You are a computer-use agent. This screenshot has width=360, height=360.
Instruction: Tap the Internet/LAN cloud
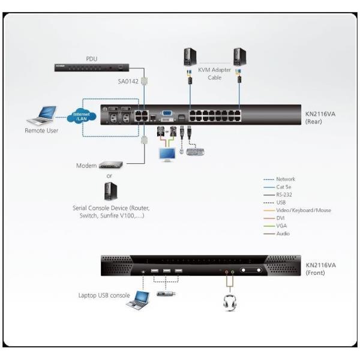pyautogui.click(x=82, y=116)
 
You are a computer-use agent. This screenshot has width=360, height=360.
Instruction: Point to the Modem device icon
pyautogui.click(x=110, y=165)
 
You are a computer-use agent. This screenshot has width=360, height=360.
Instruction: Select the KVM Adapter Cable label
pyautogui.click(x=215, y=74)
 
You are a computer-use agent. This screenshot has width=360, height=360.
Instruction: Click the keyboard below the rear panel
pyautogui.click(x=195, y=152)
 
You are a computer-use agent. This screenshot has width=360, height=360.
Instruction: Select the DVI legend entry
pyautogui.click(x=281, y=218)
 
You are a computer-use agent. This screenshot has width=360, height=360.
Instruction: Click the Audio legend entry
pyautogui.click(x=283, y=234)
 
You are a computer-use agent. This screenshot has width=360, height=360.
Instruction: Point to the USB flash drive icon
pyautogui.click(x=166, y=294)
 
